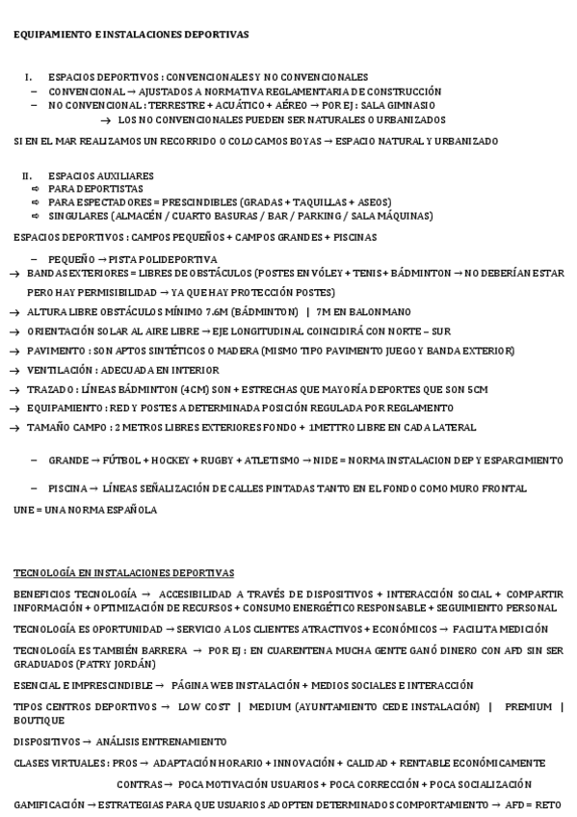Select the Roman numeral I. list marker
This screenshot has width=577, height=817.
29,77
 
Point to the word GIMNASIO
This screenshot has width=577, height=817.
415,105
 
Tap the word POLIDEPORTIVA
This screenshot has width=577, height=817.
174,259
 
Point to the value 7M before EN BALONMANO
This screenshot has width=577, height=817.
325,311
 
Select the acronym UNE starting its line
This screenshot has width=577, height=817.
23,510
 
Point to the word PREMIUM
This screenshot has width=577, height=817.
528,706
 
